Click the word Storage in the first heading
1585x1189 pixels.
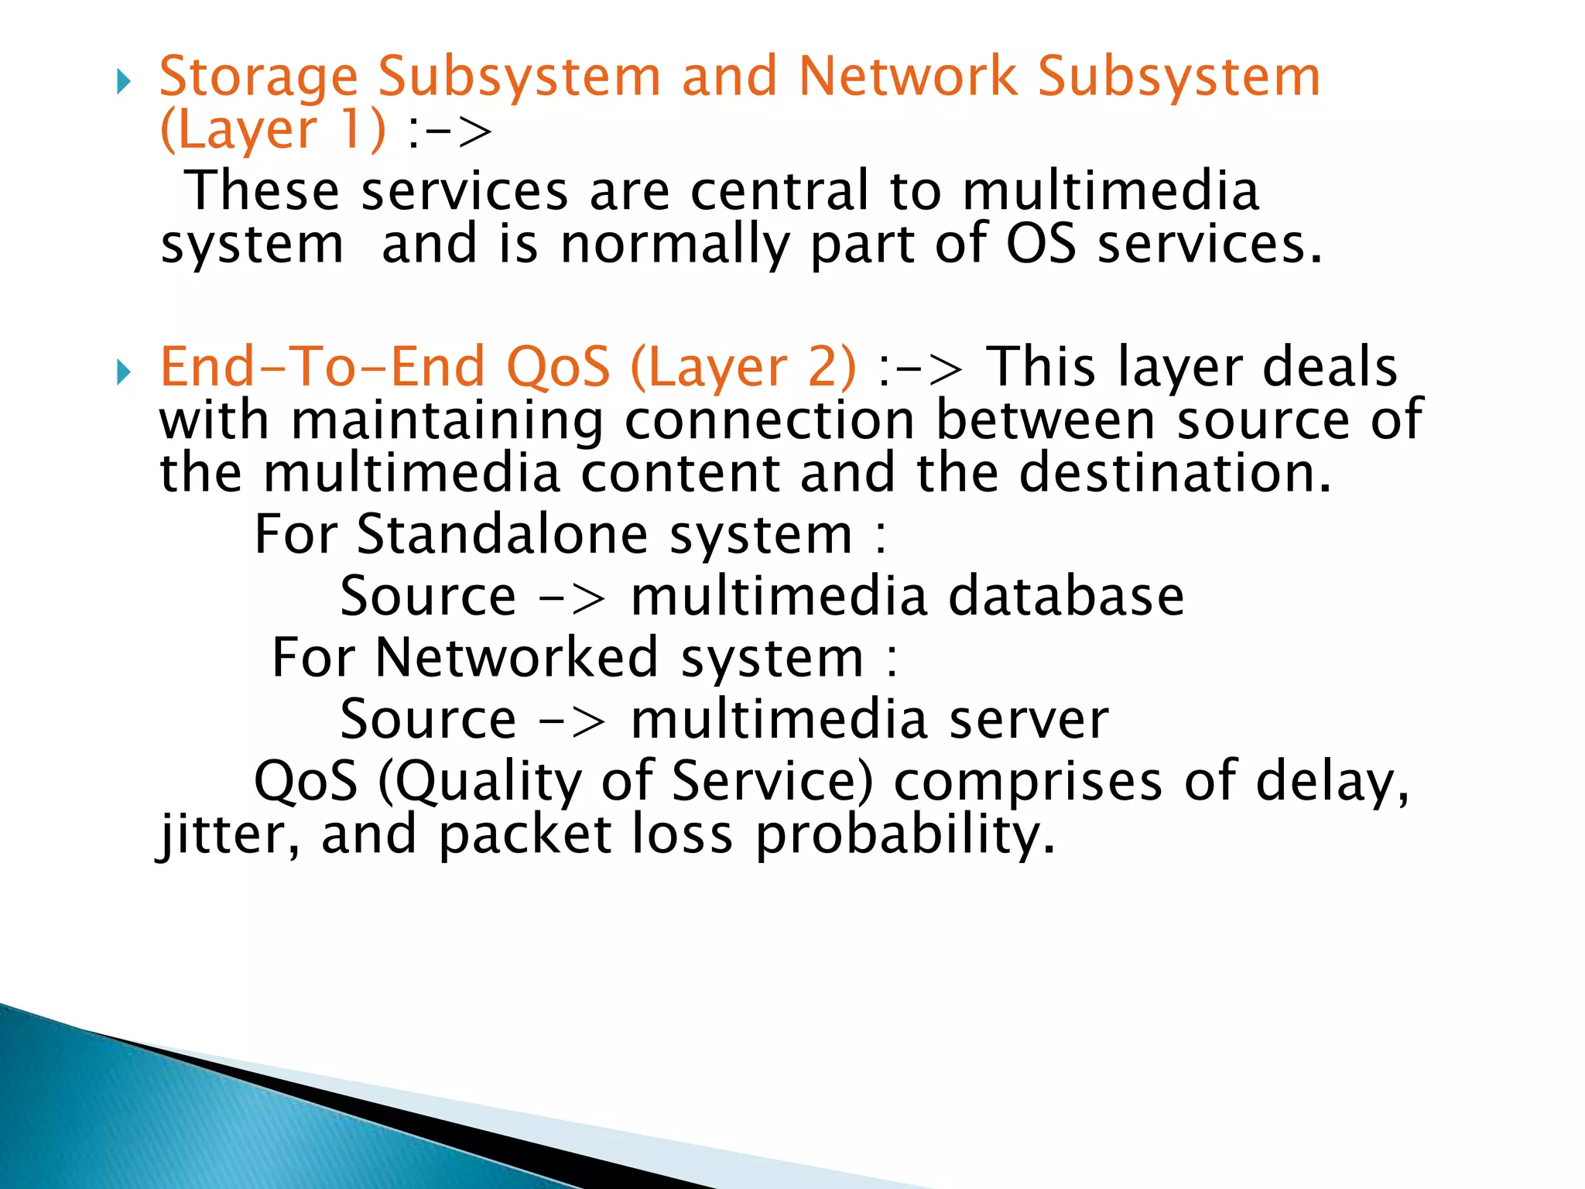pos(258,79)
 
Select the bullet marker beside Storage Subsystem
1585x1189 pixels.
pos(124,81)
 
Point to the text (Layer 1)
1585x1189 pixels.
pos(272,130)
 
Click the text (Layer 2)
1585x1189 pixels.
pos(744,368)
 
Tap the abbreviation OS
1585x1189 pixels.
pos(1040,244)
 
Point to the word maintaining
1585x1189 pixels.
pos(447,421)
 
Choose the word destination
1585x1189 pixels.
pos(1175,473)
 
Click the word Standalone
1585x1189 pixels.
pos(502,534)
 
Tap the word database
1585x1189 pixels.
pos(1066,596)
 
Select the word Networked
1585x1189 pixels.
pos(516,658)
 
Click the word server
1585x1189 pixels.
pos(1029,720)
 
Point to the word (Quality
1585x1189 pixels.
pos(479,782)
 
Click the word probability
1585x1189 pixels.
pos(904,836)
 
